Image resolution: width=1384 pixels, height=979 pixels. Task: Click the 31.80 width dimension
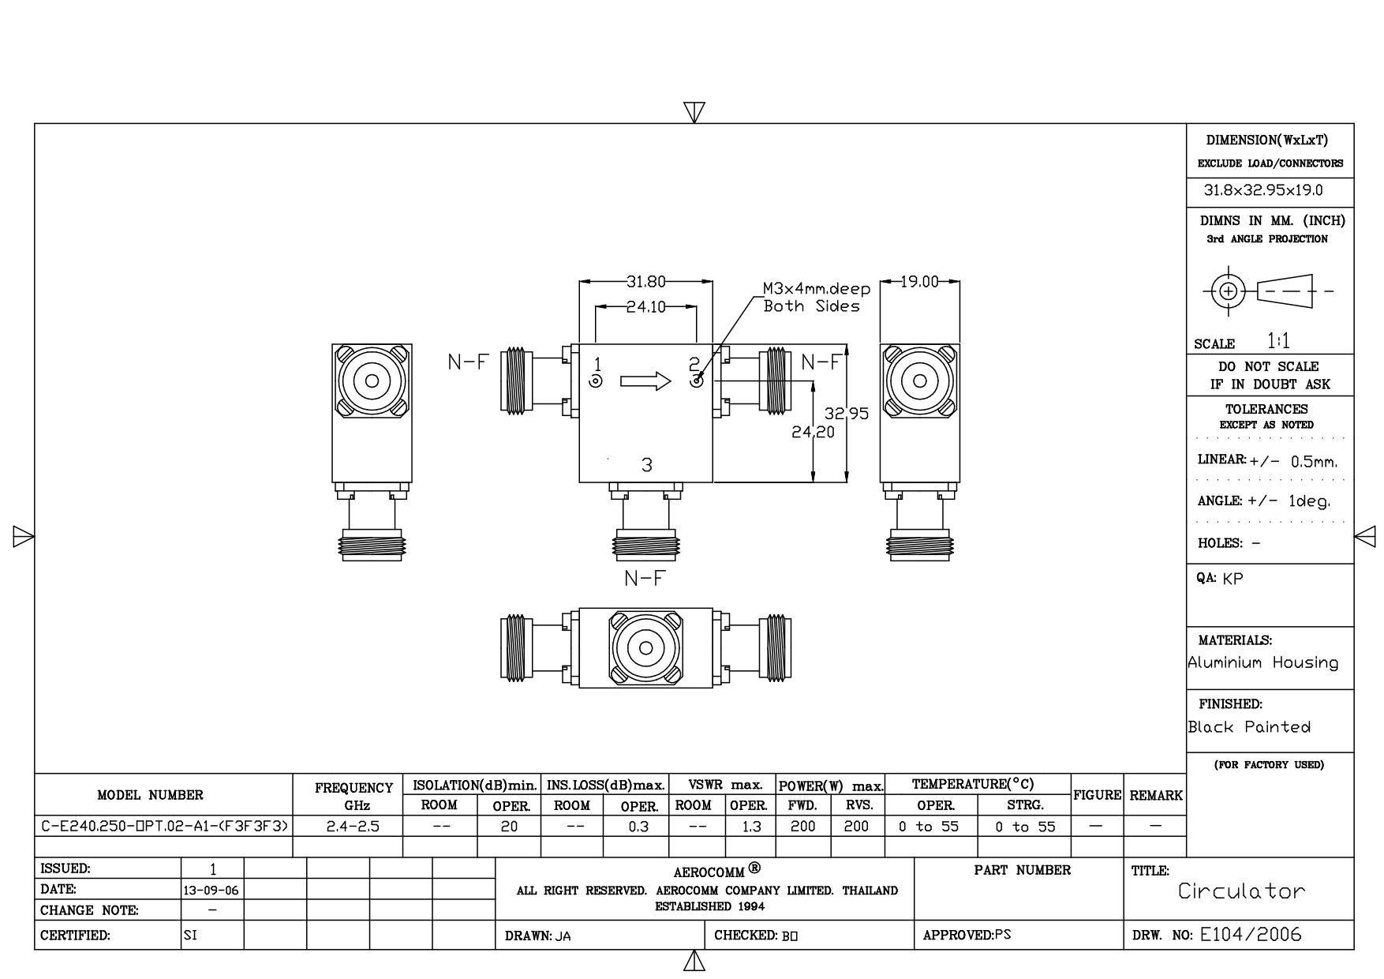(646, 281)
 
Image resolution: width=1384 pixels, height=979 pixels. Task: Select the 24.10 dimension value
(646, 307)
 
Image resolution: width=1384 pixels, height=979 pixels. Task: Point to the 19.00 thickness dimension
(920, 281)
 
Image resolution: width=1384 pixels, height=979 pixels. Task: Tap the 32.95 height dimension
(847, 413)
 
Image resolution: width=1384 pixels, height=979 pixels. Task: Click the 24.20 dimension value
(814, 432)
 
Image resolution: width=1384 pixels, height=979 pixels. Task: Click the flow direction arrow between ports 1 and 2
(645, 382)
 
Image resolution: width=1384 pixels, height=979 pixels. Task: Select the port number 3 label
(647, 465)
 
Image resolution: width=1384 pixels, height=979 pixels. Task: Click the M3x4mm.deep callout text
(817, 289)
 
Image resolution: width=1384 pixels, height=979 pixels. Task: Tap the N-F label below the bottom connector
(645, 579)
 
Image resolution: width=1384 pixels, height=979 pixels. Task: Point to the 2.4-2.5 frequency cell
(353, 827)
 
